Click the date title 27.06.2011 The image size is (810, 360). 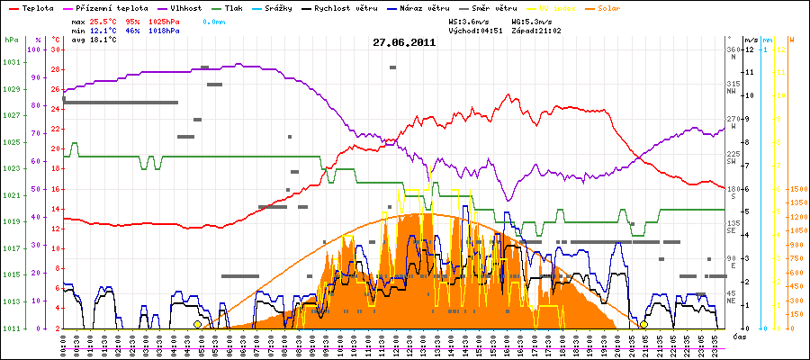[405, 42]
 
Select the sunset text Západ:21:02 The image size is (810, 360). [537, 30]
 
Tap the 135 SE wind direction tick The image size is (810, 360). [733, 226]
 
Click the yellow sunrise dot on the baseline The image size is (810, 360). [198, 324]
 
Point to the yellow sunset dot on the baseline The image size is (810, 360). [644, 324]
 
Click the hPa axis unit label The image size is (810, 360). [11, 40]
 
